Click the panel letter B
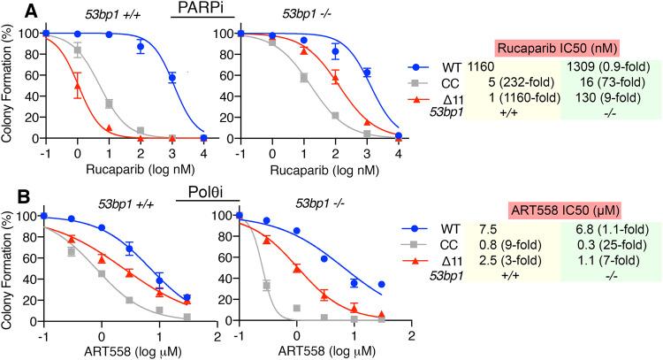pos(8,188)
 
